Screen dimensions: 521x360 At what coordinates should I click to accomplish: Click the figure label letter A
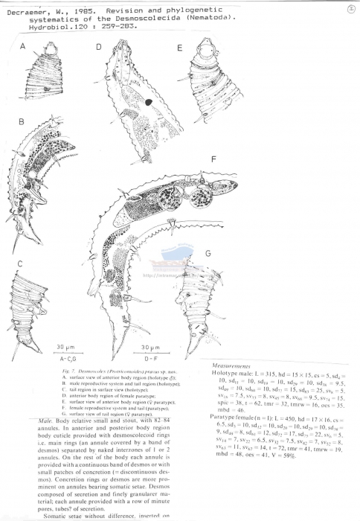click(23, 47)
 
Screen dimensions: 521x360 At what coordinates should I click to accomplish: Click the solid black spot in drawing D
click(149, 101)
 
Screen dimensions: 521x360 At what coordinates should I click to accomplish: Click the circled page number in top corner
click(350, 9)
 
